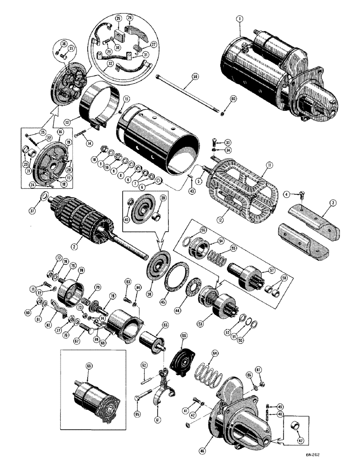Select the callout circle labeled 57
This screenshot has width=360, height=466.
[266, 270]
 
